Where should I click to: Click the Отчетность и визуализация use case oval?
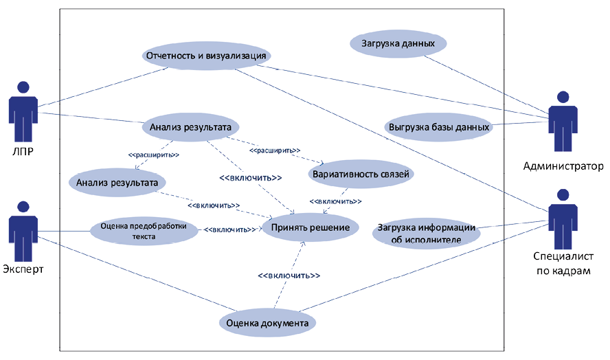(207, 56)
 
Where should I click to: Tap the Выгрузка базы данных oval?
(439, 127)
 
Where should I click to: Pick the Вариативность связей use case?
(361, 175)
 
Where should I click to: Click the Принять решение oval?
(310, 227)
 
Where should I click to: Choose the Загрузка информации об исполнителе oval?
(426, 234)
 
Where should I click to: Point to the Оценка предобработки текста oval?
(144, 230)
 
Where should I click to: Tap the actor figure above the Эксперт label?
(23, 229)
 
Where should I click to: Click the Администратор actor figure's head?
(563, 97)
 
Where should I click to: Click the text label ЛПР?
(23, 150)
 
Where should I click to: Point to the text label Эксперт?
(23, 269)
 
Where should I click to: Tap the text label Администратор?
(563, 166)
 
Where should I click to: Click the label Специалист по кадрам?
(563, 265)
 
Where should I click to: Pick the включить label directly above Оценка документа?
(289, 275)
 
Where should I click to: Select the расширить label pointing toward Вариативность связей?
(275, 149)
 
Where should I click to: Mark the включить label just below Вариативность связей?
(337, 201)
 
